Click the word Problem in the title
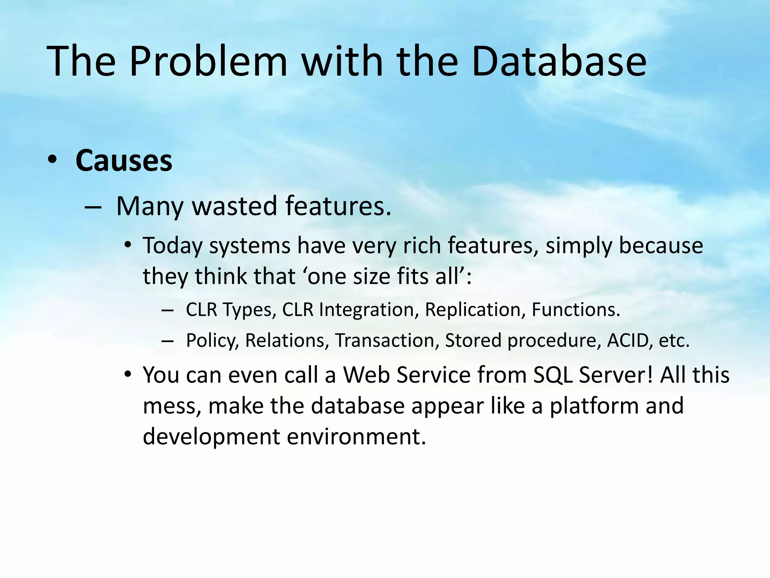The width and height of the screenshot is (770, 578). [208, 61]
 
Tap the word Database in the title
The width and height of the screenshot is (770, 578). [559, 61]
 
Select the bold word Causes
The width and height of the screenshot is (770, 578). [124, 161]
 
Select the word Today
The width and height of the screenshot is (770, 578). [173, 246]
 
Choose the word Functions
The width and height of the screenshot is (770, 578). [576, 310]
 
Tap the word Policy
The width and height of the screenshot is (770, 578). [212, 341]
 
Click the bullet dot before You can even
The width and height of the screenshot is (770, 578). [128, 375]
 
